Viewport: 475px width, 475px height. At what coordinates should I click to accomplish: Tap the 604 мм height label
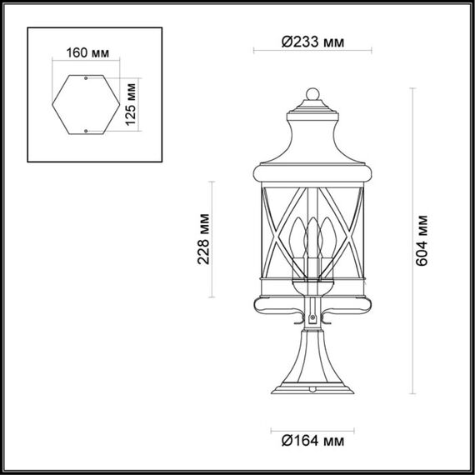click(x=424, y=241)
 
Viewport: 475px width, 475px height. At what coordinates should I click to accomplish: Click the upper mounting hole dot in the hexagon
click(x=87, y=78)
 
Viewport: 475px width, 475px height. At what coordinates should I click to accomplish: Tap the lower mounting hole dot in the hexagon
click(x=87, y=129)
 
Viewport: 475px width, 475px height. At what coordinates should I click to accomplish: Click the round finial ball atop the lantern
click(x=312, y=93)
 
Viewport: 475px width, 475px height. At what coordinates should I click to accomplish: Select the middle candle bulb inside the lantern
click(x=312, y=237)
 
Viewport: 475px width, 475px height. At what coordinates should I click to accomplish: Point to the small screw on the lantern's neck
click(x=312, y=319)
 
